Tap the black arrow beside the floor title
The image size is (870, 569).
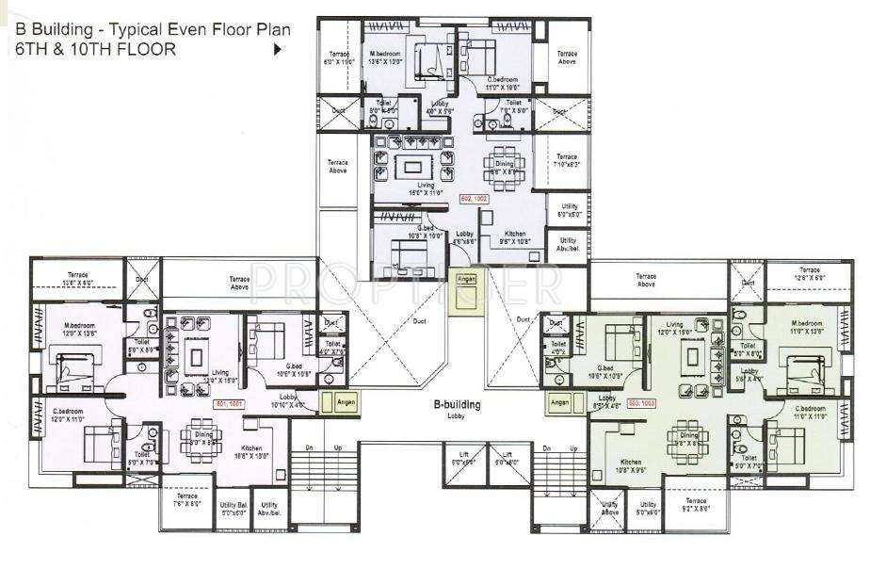tap(277, 50)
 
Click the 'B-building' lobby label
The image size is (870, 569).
tap(457, 408)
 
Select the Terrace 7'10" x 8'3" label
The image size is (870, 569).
tap(566, 161)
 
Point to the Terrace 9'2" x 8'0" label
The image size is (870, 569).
tap(695, 505)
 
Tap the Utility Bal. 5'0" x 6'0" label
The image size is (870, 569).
tap(233, 509)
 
